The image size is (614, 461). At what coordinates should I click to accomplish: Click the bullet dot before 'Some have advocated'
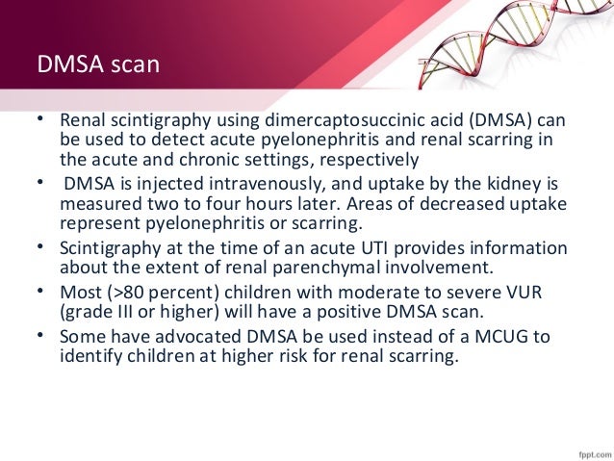pos(41,333)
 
